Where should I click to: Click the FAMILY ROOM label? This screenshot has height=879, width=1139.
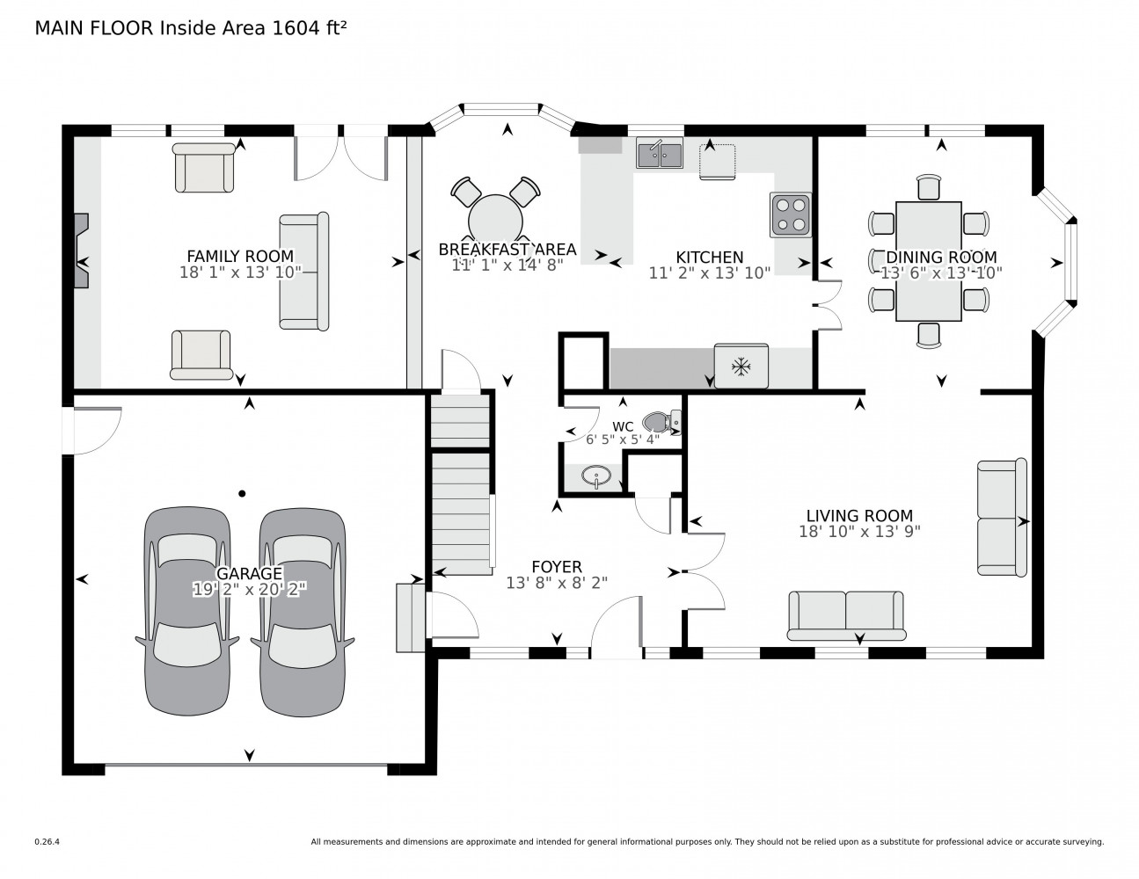click(x=240, y=256)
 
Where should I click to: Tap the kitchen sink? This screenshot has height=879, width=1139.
click(x=660, y=153)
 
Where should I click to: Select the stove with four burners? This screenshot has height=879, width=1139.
click(x=791, y=214)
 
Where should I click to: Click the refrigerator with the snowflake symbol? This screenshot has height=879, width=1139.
click(x=741, y=367)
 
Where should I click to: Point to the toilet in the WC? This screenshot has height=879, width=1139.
click(x=662, y=422)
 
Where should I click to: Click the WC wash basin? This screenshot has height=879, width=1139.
click(x=596, y=476)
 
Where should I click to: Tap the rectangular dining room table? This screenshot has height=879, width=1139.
click(x=928, y=261)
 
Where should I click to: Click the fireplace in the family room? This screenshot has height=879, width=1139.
click(x=81, y=250)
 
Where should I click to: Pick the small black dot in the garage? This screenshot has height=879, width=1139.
click(x=242, y=493)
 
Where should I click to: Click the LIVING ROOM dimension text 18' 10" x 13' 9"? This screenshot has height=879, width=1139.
click(x=859, y=532)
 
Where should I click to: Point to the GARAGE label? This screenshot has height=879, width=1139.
click(x=250, y=573)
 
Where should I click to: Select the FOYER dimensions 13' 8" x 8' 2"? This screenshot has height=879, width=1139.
click(x=557, y=583)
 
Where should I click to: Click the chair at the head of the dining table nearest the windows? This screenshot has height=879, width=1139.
click(x=929, y=187)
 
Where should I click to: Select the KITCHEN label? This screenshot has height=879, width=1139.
click(x=709, y=258)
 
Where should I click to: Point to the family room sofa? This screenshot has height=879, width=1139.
click(x=304, y=272)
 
